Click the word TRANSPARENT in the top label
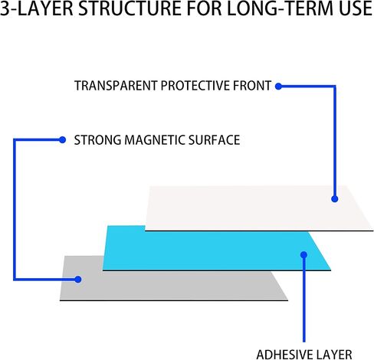[x=116, y=86]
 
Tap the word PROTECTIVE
[x=195, y=86]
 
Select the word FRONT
[x=252, y=86]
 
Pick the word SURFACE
[x=214, y=140]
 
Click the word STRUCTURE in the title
[x=130, y=8]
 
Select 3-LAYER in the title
[x=37, y=8]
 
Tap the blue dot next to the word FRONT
[x=278, y=87]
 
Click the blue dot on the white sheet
[x=335, y=199]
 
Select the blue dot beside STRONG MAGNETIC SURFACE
[x=62, y=139]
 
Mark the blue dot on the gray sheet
[x=78, y=280]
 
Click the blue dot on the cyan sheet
[x=303, y=254]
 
